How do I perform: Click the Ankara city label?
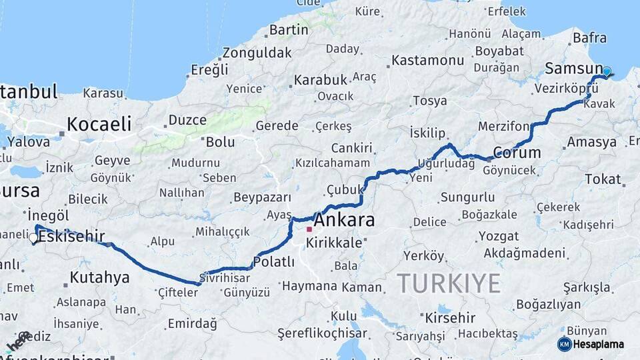[344, 220]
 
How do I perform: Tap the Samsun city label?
[573, 68]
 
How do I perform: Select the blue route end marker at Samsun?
[607, 71]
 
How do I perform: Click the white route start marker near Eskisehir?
[33, 237]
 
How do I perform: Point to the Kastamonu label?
[427, 60]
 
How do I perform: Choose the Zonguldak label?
[257, 53]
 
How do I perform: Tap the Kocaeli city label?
[99, 124]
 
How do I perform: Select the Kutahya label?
[99, 277]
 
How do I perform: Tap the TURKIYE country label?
[449, 283]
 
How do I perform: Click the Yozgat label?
[480, 236]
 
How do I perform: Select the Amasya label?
[591, 142]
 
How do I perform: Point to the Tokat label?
[603, 179]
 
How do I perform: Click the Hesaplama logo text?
[599, 344]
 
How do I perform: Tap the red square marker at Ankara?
[309, 229]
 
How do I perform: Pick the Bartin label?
[289, 30]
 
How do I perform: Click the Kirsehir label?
[450, 317]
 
